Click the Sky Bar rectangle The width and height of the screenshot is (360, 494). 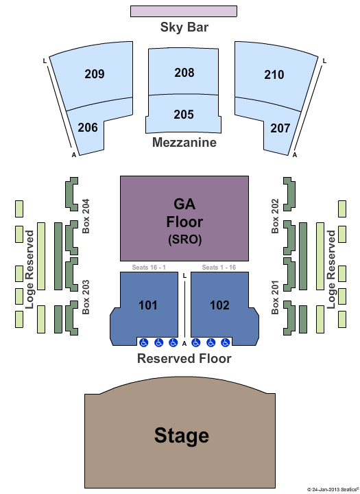[184, 11]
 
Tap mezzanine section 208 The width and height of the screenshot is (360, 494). [184, 72]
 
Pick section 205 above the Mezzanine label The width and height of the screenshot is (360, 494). [184, 114]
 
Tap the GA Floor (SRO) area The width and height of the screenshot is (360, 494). [184, 218]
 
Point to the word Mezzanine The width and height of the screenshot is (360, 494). [184, 143]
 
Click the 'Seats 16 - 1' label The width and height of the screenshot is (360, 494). [149, 267]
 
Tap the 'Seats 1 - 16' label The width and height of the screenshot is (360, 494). [219, 267]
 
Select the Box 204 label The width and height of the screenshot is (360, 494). [86, 216]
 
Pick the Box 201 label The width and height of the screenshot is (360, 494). [275, 297]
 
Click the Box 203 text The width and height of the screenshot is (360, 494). [86, 297]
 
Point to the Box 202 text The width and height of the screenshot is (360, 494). [275, 216]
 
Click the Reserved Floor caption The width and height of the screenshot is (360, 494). [184, 359]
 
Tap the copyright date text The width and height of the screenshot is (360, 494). [333, 489]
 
